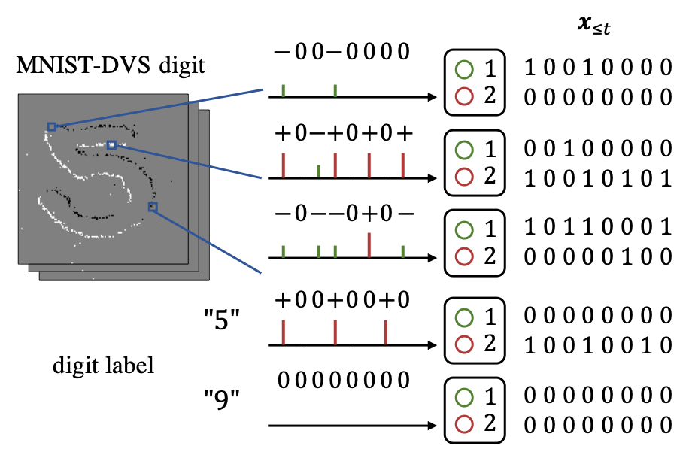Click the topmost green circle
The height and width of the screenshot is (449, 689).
tap(464, 70)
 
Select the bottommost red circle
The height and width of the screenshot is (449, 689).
tap(464, 424)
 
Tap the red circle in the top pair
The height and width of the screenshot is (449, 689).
tap(464, 96)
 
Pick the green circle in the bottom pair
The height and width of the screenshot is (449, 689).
tap(464, 397)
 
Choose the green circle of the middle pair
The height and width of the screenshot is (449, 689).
tap(464, 230)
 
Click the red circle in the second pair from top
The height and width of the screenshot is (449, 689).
tap(464, 177)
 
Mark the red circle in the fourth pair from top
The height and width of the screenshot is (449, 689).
tap(464, 344)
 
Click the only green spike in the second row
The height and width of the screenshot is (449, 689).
tap(318, 171)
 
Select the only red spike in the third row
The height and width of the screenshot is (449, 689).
tap(369, 244)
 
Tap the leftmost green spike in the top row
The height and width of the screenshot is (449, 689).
tap(283, 90)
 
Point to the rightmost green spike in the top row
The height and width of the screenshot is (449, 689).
tap(335, 90)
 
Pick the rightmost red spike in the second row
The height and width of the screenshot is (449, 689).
tap(402, 165)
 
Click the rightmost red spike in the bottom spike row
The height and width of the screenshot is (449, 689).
tap(385, 332)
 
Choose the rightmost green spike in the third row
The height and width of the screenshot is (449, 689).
tap(402, 251)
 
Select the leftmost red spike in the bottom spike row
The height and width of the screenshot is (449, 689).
tap(283, 332)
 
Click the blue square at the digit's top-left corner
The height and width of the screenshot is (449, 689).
tap(52, 126)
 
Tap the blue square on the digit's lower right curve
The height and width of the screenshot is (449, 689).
tap(153, 207)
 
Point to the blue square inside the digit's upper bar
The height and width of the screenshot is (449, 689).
tap(111, 144)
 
